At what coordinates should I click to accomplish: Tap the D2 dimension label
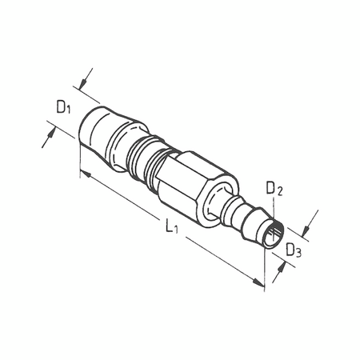click(x=274, y=188)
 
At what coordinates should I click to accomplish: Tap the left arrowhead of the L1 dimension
click(x=82, y=172)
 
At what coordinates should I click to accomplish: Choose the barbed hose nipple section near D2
click(x=244, y=215)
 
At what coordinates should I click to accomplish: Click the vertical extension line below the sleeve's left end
click(x=78, y=156)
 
